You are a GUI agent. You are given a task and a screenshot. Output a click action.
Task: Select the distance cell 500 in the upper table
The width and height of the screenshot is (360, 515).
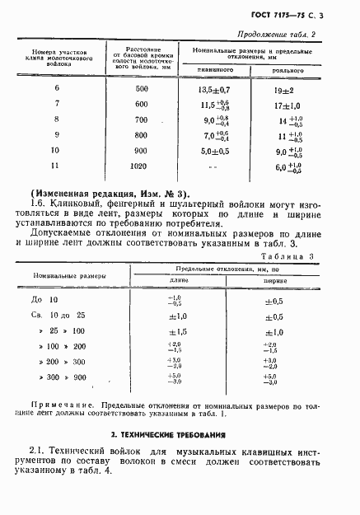pyautogui.click(x=142, y=88)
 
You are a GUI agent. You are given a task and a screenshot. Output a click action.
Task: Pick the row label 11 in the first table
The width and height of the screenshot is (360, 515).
pyautogui.click(x=57, y=166)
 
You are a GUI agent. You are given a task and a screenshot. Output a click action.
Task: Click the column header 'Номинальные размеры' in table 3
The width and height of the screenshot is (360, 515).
pyautogui.click(x=63, y=275)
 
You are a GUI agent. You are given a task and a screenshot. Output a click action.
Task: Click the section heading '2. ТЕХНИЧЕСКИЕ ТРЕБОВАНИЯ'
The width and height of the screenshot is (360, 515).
pyautogui.click(x=179, y=434)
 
